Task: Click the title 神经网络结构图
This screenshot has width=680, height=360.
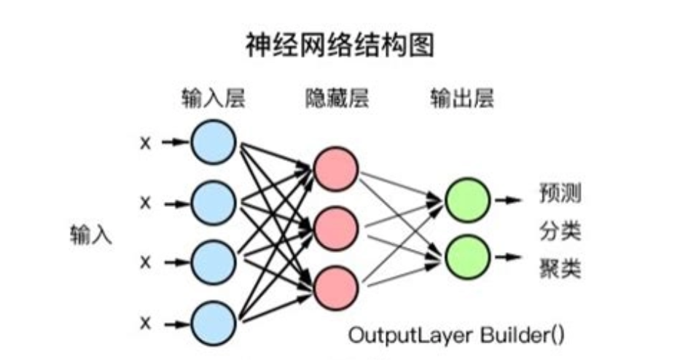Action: tap(340, 45)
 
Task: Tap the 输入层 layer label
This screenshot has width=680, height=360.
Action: tap(214, 98)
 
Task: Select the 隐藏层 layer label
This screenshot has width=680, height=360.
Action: tap(336, 98)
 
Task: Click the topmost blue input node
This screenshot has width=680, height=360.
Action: tap(214, 142)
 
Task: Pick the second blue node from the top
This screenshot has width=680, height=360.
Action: tap(214, 202)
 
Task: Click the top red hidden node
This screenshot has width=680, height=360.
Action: tap(336, 168)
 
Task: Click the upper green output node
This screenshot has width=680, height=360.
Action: tap(466, 198)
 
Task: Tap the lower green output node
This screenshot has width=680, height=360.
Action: tap(466, 256)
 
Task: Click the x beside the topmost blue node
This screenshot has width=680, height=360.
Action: tap(145, 143)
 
